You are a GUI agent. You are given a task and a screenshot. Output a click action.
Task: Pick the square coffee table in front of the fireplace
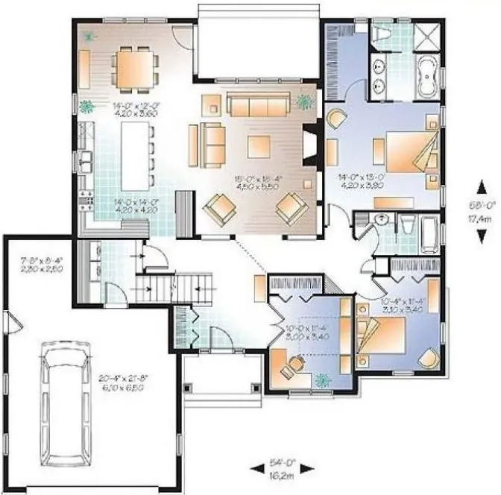pos(259,146)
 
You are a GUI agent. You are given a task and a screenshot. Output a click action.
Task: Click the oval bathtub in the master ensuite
pos(427,78)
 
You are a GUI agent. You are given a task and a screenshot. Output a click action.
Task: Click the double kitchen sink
pos(86,159)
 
